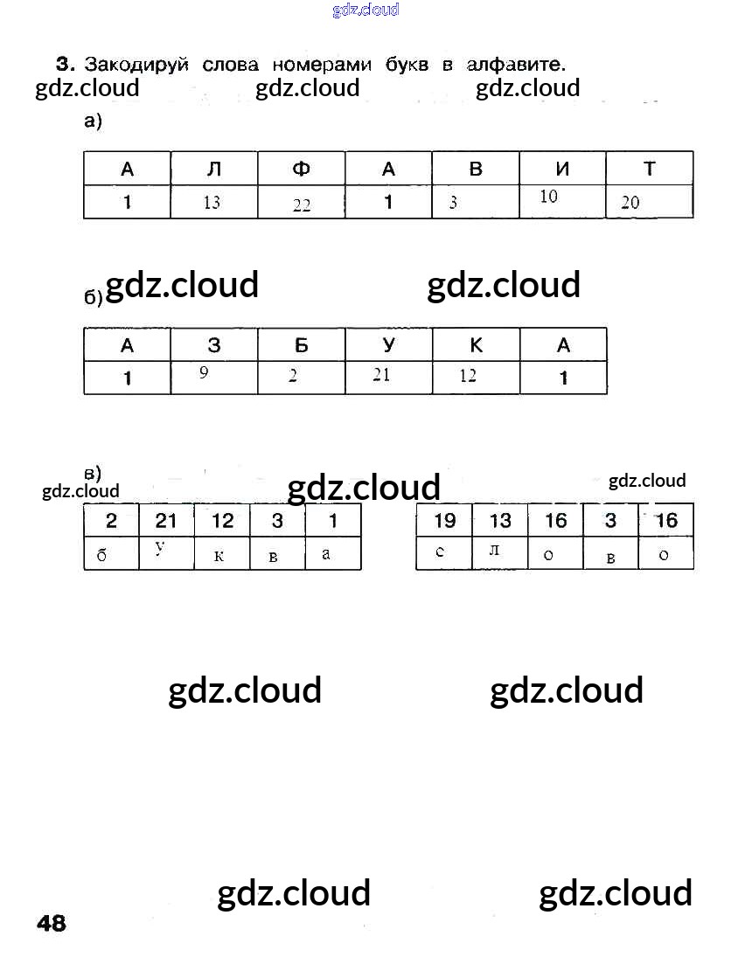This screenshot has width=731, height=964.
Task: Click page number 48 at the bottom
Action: point(52,923)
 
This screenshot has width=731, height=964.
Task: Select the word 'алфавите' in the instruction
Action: point(516,65)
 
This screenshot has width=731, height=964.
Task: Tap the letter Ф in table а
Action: point(301,169)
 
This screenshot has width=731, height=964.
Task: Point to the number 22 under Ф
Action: point(302,205)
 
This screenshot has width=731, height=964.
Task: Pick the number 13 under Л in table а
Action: point(212,203)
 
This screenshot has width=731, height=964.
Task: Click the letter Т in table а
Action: point(649,169)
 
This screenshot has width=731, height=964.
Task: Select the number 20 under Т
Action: point(630,203)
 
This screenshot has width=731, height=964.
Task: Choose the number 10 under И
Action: point(548,197)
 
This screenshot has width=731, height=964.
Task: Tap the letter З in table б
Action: point(214,345)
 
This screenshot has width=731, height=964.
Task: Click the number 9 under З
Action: point(204,372)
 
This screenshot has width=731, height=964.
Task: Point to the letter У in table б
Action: point(388,345)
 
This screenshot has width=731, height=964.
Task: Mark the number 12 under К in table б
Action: point(468,376)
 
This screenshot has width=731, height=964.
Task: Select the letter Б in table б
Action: point(301,345)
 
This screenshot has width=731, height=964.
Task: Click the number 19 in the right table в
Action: point(444,521)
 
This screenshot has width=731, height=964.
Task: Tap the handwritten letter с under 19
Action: point(440,551)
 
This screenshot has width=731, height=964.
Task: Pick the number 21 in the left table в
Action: point(166,521)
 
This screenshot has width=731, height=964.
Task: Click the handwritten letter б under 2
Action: point(102,555)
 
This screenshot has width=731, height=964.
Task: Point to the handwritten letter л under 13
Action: point(494,551)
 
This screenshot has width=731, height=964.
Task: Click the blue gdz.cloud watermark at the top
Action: point(365,10)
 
